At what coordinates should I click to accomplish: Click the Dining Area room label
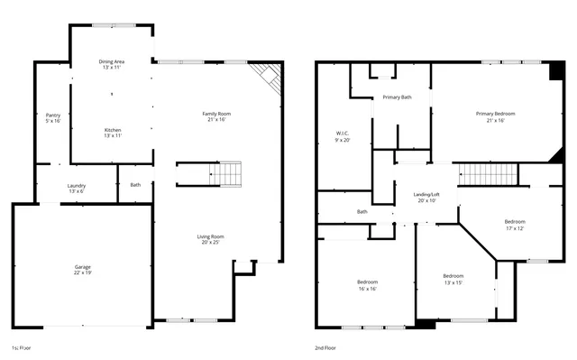(x=112, y=64)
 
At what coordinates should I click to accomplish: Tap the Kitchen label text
(x=112, y=132)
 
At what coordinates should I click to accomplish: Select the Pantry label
(x=53, y=117)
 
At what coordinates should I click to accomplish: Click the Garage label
(x=82, y=268)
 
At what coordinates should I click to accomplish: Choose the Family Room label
(x=216, y=115)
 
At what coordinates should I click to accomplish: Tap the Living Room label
(x=209, y=239)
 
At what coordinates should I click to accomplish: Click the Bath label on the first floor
(x=135, y=185)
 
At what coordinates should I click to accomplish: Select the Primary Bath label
(x=398, y=97)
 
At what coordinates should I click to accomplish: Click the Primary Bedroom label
(x=495, y=115)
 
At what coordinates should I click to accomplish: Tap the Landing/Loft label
(x=426, y=197)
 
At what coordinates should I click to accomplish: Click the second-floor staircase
(x=488, y=173)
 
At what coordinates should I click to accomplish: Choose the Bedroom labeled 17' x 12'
(x=514, y=225)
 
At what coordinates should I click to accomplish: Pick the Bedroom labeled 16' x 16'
(x=366, y=284)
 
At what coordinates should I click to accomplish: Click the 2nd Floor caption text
(x=326, y=347)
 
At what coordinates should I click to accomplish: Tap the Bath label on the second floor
(x=362, y=212)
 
